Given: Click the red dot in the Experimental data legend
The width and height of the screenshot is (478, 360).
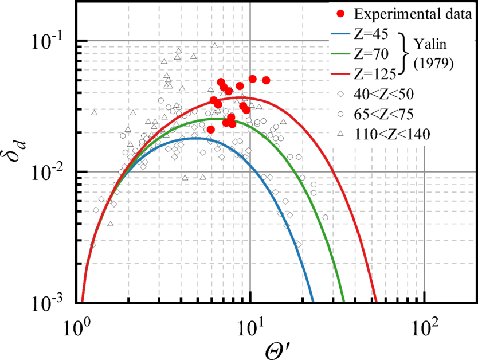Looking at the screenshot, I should click(x=342, y=14).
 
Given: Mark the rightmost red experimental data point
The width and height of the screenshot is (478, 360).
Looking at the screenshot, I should click(x=266, y=80).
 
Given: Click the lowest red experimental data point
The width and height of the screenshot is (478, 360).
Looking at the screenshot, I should click(x=211, y=130).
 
